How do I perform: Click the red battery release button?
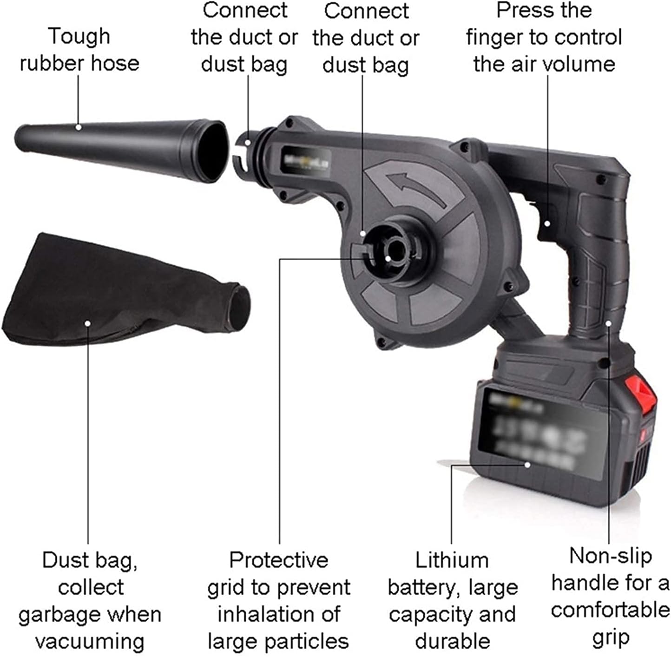[x=641, y=392]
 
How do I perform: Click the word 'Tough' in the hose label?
[x=79, y=36]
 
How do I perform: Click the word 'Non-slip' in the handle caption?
[x=610, y=556]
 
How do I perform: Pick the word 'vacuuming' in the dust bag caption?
[x=90, y=642]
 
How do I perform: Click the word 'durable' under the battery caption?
[x=452, y=641]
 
